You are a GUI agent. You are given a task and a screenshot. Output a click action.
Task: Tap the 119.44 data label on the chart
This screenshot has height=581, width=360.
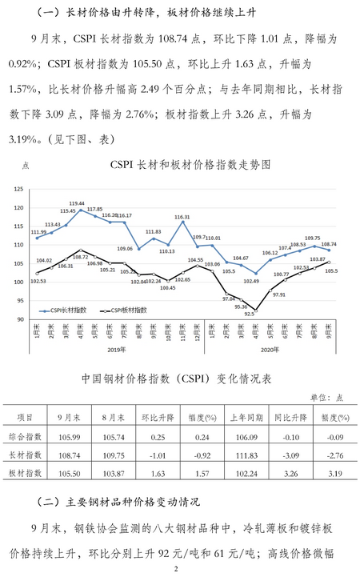point(78,203)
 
